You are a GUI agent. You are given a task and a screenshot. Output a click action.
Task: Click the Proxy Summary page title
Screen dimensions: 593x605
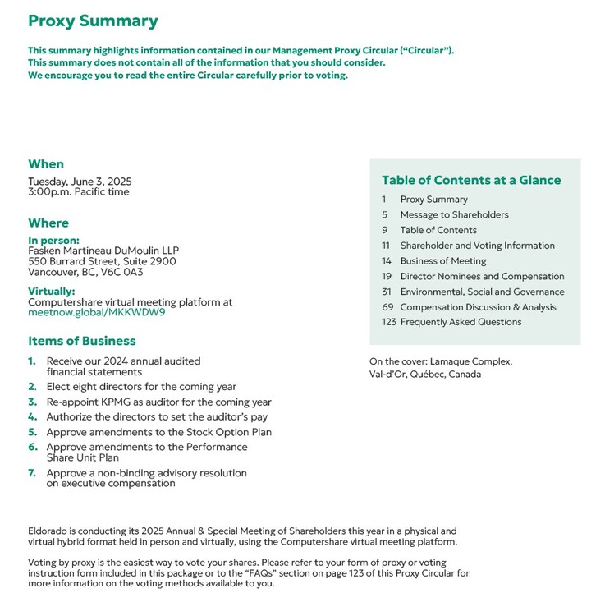[x=93, y=22]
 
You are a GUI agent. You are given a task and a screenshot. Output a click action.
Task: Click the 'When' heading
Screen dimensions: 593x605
[x=46, y=164]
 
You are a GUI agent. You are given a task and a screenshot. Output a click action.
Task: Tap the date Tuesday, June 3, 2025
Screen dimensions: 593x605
[x=80, y=182]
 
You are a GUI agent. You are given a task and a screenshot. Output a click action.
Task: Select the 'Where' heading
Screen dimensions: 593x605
[x=48, y=223]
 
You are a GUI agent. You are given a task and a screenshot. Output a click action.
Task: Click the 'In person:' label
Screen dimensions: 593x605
[x=53, y=240]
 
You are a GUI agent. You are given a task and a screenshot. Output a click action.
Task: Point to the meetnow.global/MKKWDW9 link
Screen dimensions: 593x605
[x=96, y=313]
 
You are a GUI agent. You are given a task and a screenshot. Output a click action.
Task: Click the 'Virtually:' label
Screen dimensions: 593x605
[x=52, y=292]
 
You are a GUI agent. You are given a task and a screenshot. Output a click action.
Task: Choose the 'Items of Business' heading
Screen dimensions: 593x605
[x=82, y=341]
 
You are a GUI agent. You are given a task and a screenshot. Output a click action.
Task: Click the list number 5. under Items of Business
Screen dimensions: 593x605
[x=33, y=432]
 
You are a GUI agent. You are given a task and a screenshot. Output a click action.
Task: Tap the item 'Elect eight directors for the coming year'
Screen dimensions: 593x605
[x=141, y=387]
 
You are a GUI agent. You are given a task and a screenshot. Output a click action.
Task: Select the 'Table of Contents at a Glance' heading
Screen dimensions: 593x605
[x=471, y=181]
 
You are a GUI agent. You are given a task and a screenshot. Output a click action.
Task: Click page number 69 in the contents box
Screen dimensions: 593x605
[x=388, y=307]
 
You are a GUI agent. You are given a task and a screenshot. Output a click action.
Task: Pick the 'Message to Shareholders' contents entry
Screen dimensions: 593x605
[x=454, y=215]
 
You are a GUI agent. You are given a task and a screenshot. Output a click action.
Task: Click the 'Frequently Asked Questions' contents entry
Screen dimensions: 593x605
[x=461, y=322]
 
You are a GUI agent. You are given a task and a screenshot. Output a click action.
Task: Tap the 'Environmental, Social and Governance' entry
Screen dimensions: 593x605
[x=482, y=292]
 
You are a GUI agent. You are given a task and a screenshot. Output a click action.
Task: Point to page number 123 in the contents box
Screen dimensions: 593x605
[x=389, y=322]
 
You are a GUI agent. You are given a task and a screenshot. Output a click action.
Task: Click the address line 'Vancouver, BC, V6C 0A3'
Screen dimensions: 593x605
[x=85, y=273]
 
